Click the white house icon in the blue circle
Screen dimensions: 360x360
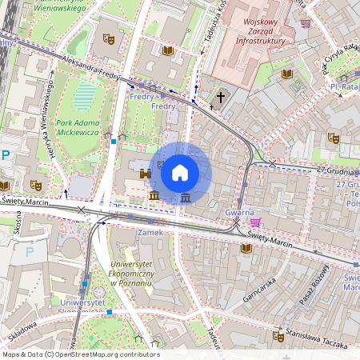tap(180, 172)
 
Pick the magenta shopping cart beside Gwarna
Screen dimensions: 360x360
tap(255, 222)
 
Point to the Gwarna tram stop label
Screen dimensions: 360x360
tap(239, 213)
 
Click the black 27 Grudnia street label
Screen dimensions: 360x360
tap(334, 170)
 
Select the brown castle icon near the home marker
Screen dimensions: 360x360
tap(146, 173)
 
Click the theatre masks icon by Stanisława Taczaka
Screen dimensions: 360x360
tap(278, 336)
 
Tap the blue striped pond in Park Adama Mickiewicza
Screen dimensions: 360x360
tap(85, 98)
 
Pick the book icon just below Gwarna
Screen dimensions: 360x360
tap(246, 248)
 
